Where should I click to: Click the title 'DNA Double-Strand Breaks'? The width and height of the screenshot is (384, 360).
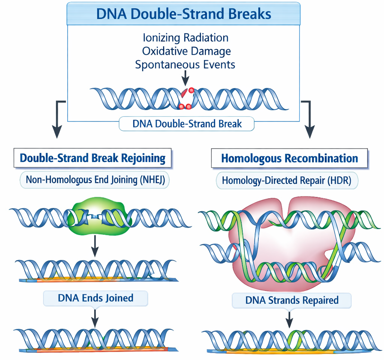[x=184, y=14]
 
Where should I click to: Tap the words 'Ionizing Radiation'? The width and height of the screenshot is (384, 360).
[x=186, y=37]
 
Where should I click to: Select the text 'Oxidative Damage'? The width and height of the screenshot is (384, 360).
[x=186, y=51]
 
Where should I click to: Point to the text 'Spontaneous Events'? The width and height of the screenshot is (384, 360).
[x=185, y=64]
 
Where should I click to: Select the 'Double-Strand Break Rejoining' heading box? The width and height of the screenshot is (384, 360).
[x=93, y=158]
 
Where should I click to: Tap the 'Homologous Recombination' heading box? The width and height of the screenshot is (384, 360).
[x=289, y=158]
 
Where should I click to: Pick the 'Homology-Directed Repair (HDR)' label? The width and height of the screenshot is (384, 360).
[x=286, y=180]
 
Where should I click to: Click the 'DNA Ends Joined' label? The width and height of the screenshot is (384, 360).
[x=96, y=298]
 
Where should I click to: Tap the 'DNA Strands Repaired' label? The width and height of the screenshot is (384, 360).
[x=292, y=300]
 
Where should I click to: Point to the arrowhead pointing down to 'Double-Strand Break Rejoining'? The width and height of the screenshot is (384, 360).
[x=57, y=131]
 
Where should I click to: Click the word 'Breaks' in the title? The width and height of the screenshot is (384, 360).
[x=250, y=14]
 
